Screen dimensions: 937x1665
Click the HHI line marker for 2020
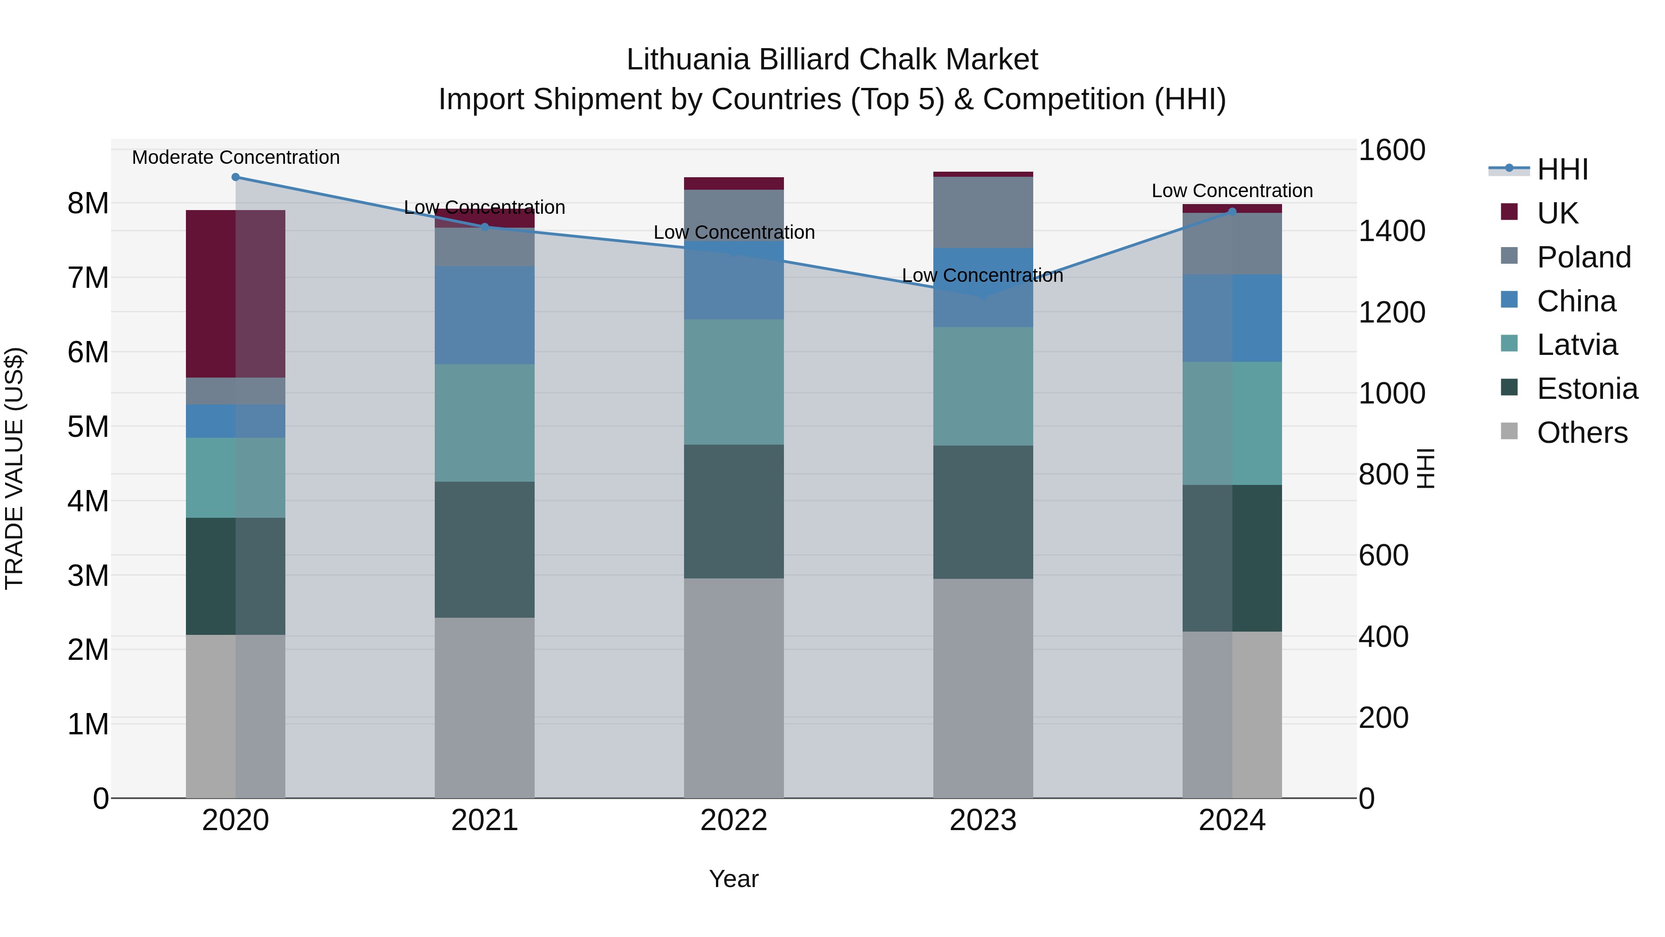click(235, 177)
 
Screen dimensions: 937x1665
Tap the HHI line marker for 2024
click(1232, 211)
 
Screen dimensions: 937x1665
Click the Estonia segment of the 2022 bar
click(734, 511)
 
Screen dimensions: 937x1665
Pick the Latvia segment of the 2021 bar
click(484, 422)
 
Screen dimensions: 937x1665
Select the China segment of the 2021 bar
click(484, 315)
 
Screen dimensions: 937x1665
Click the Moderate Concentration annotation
click(235, 157)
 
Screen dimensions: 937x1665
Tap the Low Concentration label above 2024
click(1232, 191)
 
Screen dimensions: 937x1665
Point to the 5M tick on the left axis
click(88, 427)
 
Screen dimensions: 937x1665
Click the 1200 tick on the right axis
click(1392, 312)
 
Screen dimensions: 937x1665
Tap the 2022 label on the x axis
click(734, 820)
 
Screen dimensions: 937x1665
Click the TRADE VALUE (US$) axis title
click(14, 468)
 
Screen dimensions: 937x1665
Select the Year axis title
click(734, 879)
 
